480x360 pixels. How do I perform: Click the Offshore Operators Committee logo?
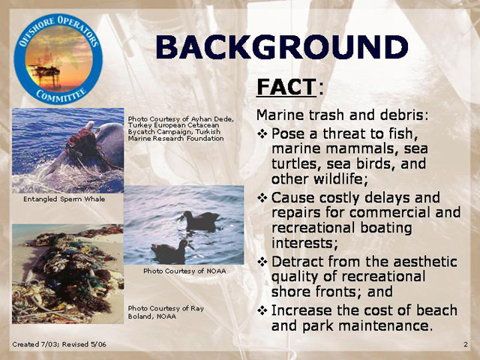[x=58, y=59]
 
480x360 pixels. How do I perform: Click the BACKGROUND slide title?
[x=282, y=47]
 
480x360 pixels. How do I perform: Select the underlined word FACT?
[x=286, y=87]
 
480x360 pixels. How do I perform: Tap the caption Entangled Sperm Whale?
[x=64, y=199]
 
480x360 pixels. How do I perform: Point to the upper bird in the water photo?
[x=199, y=220]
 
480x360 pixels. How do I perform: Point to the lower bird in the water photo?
[x=172, y=251]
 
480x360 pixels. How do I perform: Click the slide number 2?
[x=466, y=344]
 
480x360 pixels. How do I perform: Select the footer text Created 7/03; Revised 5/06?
[x=59, y=344]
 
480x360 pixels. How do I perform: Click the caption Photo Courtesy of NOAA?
[x=185, y=271]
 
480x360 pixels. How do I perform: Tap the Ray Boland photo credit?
[x=166, y=312]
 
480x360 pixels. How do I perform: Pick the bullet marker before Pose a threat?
[x=262, y=133]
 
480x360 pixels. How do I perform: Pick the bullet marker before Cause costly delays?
[x=262, y=198]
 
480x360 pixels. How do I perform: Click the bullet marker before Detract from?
[x=262, y=262]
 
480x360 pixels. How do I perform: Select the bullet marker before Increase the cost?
[x=262, y=310]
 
